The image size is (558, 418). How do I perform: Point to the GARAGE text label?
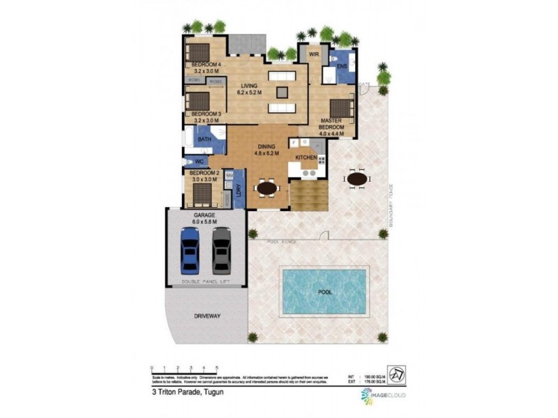205,216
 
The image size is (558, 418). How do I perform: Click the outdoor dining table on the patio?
356,179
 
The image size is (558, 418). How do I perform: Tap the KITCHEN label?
306,159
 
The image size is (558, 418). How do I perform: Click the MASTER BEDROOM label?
332,124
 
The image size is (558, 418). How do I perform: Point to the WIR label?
314,53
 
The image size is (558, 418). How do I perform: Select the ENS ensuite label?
342,67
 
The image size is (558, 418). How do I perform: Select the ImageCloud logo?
382,396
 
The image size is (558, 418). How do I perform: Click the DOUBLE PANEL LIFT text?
206,281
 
